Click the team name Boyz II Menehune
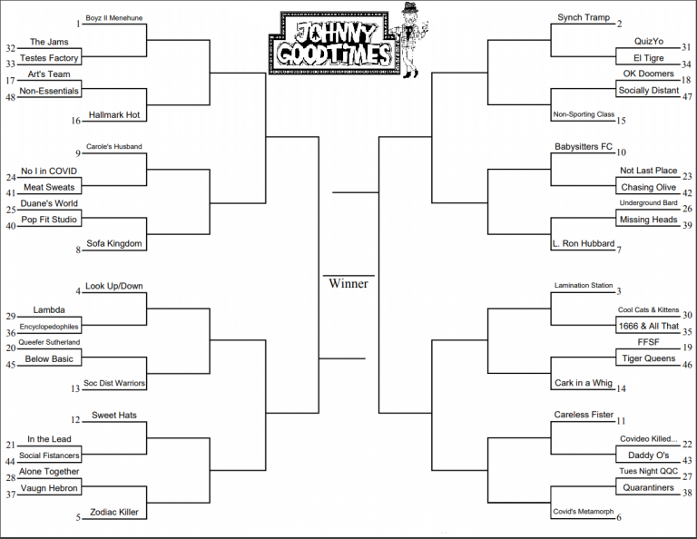point(113,18)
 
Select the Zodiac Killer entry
point(114,512)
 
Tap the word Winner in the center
point(348,283)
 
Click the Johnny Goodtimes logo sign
point(332,44)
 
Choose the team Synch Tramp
point(584,17)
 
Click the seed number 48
point(11,97)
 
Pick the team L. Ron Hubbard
point(584,243)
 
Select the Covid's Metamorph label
point(584,512)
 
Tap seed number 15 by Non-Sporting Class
point(621,121)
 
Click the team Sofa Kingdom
point(114,243)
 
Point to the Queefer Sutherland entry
point(49,342)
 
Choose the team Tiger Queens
point(649,358)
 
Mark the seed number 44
point(11,462)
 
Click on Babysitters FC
point(584,147)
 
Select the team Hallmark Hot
point(114,114)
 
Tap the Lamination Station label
point(584,285)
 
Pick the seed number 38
point(687,493)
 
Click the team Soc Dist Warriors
point(114,383)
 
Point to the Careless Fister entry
point(584,415)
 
